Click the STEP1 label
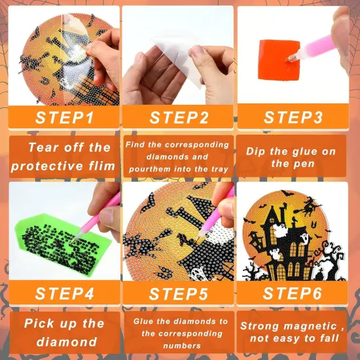[x=64, y=118]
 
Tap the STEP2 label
[x=179, y=118]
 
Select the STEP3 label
[x=293, y=118]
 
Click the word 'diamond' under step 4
[x=64, y=342]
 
